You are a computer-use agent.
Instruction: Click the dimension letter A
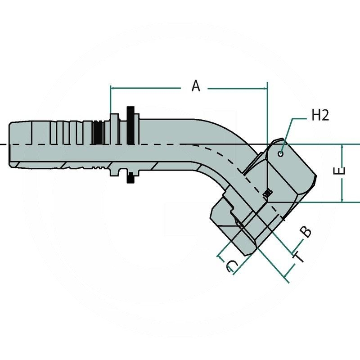(196, 85)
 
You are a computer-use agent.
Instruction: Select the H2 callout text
(320, 116)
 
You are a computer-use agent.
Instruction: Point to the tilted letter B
(306, 232)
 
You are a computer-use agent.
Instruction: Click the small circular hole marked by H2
(281, 154)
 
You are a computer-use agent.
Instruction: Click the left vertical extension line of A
(110, 99)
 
